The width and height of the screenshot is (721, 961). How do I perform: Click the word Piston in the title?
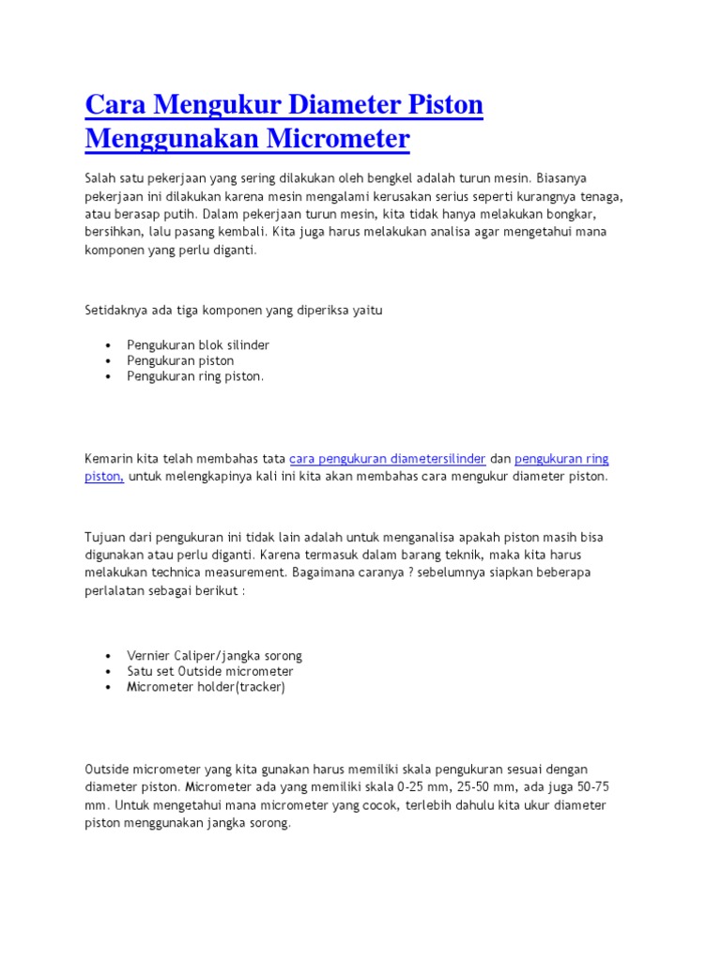point(440,104)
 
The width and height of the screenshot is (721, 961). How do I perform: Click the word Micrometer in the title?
point(339,139)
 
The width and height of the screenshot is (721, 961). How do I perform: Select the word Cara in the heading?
point(115,104)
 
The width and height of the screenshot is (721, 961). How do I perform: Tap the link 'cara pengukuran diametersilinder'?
point(387,458)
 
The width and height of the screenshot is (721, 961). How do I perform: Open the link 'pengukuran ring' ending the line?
point(561,458)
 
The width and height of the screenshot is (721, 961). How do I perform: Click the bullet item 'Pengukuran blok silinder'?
point(198,344)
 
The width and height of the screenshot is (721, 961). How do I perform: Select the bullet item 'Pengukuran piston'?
point(180,360)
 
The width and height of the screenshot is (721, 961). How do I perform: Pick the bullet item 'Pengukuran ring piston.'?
point(195,375)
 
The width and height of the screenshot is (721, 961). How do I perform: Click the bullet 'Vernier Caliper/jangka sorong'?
point(214,655)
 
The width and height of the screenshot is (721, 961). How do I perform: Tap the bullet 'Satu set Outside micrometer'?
point(210,671)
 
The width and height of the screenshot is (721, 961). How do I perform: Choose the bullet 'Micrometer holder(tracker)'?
point(206,686)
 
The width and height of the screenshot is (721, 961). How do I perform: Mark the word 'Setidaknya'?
point(116,310)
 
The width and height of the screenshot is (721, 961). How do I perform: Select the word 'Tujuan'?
point(104,537)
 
